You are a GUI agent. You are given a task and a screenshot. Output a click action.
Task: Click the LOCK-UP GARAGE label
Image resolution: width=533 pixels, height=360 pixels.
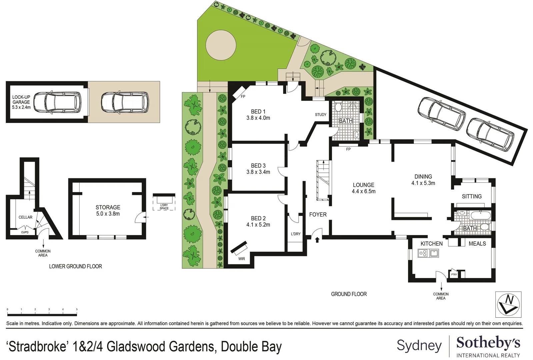[21, 102]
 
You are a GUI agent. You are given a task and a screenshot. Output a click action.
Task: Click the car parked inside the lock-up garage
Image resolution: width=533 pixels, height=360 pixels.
[57, 102]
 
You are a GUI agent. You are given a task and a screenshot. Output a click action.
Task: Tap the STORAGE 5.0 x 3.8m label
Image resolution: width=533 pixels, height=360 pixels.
[108, 210]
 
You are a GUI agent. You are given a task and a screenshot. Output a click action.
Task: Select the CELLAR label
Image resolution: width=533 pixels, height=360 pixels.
[25, 217]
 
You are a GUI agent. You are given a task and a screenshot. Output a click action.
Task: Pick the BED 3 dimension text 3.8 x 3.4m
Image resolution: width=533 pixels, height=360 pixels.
[258, 172]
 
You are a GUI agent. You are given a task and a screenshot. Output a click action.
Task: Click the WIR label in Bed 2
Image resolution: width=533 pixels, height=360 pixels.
[242, 259]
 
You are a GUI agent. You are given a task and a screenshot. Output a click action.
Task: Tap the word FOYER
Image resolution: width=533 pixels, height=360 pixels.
[318, 215]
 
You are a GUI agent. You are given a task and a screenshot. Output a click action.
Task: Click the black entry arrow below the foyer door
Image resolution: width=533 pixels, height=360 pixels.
[317, 239]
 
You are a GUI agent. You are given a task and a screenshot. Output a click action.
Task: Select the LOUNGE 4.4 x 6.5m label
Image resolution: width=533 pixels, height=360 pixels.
[363, 188]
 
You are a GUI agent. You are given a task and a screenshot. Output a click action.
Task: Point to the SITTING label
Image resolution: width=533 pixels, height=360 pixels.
[472, 196]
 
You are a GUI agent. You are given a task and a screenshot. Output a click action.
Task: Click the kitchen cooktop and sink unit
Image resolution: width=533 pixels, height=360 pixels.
[428, 253]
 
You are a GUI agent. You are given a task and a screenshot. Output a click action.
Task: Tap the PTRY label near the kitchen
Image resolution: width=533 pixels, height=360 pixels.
[454, 274]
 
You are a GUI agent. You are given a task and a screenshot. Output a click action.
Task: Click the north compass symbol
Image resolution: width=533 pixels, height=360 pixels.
[508, 304]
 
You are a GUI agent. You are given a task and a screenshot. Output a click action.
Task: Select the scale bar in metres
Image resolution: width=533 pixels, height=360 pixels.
[42, 314]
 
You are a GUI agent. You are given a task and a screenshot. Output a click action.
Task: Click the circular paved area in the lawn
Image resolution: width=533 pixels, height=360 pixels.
[221, 45]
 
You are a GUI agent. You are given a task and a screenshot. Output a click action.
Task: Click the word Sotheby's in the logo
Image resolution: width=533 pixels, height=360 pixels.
[488, 343]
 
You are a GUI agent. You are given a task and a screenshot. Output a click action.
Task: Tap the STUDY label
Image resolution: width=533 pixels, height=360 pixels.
[321, 115]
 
